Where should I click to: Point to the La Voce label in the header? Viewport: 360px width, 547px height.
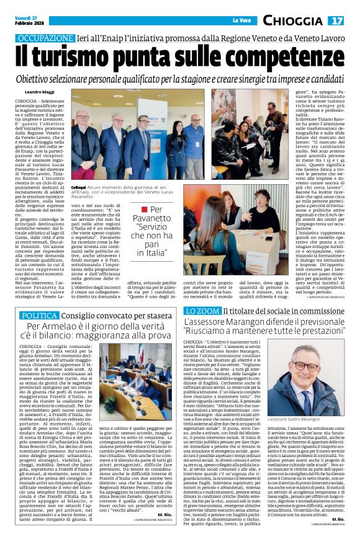click(240, 21)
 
